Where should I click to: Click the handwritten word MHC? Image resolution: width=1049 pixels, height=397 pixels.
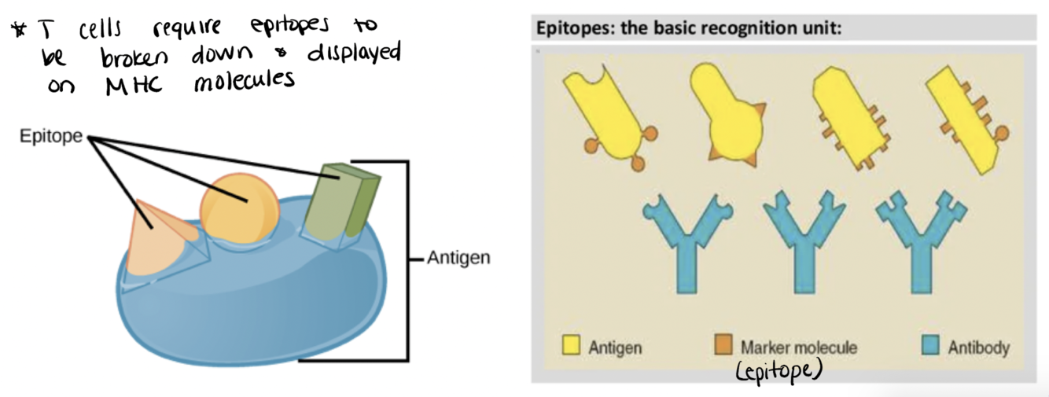[131, 84]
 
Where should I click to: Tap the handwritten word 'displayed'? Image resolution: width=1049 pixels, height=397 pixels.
[352, 56]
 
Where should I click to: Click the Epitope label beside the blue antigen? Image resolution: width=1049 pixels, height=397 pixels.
[51, 137]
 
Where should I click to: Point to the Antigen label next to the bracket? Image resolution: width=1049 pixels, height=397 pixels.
[458, 258]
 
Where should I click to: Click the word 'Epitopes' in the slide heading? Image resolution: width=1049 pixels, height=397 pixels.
[569, 29]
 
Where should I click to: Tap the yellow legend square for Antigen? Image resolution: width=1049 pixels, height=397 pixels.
[572, 346]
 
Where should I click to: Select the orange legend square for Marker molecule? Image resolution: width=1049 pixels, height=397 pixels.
[723, 346]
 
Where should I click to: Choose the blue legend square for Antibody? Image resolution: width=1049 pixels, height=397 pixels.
[930, 346]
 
